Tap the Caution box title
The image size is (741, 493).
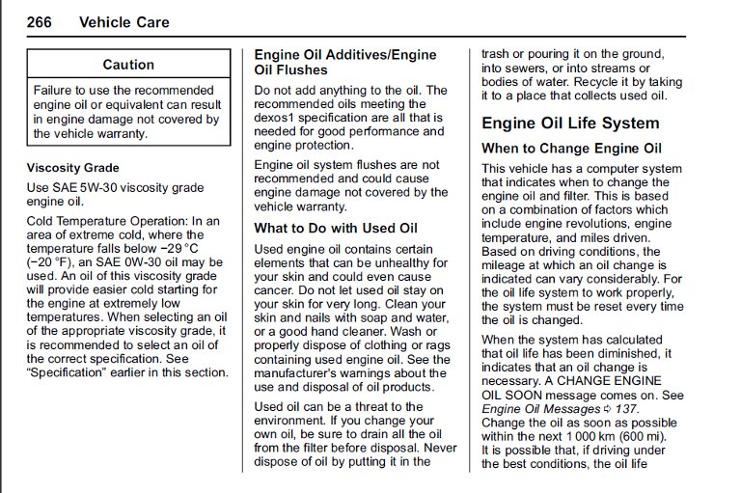pos(128,65)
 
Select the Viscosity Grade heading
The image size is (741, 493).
pos(73,168)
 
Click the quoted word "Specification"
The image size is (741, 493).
pos(64,372)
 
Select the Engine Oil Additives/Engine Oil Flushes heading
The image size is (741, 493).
pos(344,62)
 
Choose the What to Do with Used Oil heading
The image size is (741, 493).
pos(335,229)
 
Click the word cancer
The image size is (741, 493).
pos(277,289)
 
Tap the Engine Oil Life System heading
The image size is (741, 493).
pos(570,123)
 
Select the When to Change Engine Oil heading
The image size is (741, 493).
pos(571,149)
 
